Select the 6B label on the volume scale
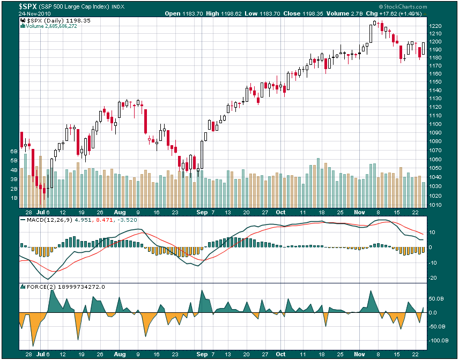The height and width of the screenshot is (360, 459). [14, 152]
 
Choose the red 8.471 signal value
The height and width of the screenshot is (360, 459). [99, 219]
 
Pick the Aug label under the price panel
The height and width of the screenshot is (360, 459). [119, 212]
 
